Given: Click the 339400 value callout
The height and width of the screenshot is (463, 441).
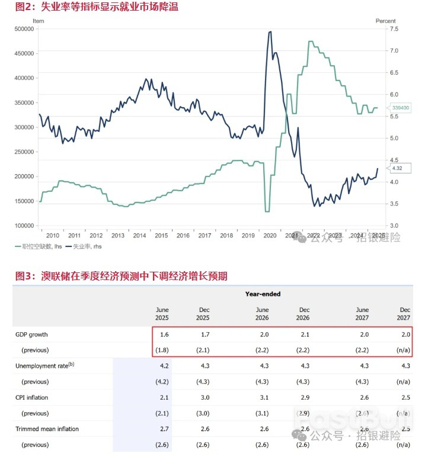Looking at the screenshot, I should (x=401, y=108).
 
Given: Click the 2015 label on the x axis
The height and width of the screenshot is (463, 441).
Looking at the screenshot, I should (x=161, y=236).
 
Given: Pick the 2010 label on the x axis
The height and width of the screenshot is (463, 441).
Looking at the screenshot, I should (x=53, y=236).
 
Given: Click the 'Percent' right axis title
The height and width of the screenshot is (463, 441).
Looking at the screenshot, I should (x=385, y=21).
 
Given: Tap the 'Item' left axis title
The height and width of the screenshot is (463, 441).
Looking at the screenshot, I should (x=38, y=21).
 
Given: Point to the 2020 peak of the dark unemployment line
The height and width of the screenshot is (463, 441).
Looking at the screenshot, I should (x=270, y=31).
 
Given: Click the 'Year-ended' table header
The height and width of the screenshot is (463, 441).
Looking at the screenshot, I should (x=263, y=294).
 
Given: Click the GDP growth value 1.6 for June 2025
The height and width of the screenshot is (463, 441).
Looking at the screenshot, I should (x=164, y=335).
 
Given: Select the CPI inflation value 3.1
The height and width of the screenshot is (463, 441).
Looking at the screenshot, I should (x=264, y=397).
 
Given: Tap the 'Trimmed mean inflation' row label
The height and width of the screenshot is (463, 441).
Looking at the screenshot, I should (x=47, y=429).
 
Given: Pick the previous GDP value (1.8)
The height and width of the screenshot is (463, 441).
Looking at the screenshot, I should (x=162, y=350).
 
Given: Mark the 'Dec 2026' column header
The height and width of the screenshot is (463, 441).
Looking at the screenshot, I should (x=304, y=314).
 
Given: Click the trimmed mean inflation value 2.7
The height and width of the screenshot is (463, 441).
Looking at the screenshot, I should (x=164, y=429).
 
